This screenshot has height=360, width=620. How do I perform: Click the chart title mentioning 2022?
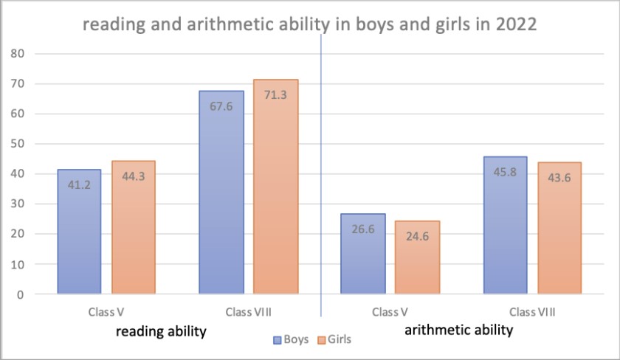click(x=309, y=24)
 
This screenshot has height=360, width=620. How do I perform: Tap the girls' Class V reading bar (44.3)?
click(x=134, y=228)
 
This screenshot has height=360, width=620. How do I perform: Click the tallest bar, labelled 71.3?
click(x=276, y=187)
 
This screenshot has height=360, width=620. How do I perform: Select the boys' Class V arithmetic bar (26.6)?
click(x=363, y=255)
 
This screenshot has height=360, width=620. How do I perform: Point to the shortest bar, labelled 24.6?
click(x=418, y=257)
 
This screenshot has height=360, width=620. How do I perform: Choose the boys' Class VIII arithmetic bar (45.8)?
click(x=506, y=226)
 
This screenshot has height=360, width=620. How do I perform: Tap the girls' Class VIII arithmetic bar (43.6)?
click(x=559, y=229)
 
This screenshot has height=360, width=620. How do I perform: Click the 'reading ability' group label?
click(x=160, y=331)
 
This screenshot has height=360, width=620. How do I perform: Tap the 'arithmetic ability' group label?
click(x=458, y=330)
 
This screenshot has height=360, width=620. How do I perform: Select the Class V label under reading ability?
click(x=106, y=311)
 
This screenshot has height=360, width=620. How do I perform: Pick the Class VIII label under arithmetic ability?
click(x=533, y=311)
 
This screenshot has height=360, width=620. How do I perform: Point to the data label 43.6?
click(x=559, y=177)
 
